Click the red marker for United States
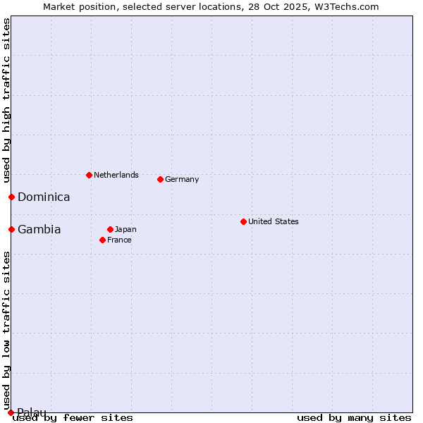click(243, 221)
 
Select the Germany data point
click(160, 179)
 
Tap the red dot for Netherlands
click(89, 175)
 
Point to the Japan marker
click(110, 229)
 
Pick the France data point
click(102, 240)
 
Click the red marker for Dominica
click(11, 197)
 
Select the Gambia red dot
click(11, 229)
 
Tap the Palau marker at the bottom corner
click(11, 412)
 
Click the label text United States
click(274, 221)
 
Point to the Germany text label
click(182, 179)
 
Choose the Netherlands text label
click(116, 175)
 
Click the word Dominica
click(44, 197)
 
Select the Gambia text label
click(39, 230)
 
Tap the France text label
click(119, 240)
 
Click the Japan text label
click(125, 229)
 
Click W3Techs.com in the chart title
click(347, 6)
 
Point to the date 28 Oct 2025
click(270, 6)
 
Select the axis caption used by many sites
click(354, 417)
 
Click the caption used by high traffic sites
click(6, 102)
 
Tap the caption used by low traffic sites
click(6, 330)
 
